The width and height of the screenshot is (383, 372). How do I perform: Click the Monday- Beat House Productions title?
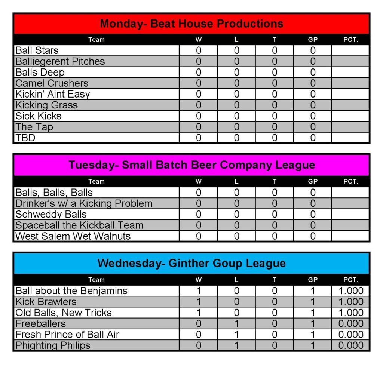[191, 24]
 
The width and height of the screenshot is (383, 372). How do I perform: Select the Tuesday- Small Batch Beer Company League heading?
[191, 165]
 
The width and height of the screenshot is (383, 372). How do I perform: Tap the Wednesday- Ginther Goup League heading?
[191, 263]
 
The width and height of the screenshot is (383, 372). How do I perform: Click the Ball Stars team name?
[37, 50]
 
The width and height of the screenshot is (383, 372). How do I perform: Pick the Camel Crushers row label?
[52, 83]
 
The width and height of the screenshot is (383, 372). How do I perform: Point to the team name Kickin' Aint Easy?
[53, 94]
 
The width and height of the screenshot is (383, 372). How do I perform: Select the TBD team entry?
[25, 138]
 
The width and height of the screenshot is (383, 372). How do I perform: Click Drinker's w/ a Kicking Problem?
[84, 203]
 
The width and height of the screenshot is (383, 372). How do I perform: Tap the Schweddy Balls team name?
[51, 214]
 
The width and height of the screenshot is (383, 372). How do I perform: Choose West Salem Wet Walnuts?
[73, 236]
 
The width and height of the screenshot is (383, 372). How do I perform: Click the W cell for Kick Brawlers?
[199, 302]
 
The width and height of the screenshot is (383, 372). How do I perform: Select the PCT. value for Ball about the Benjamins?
[350, 291]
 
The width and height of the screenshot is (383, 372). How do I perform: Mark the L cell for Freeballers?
[236, 324]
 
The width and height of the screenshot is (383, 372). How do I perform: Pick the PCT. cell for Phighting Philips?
[350, 345]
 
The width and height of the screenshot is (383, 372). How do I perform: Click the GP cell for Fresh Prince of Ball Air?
[313, 335]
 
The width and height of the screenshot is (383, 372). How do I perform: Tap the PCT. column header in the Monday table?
[350, 40]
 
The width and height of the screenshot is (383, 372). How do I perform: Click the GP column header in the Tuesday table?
[313, 182]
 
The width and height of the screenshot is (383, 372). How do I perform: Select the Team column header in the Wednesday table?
[96, 280]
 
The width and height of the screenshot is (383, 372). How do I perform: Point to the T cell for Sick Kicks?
[275, 116]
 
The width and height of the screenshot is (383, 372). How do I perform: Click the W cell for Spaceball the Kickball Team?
[199, 225]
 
